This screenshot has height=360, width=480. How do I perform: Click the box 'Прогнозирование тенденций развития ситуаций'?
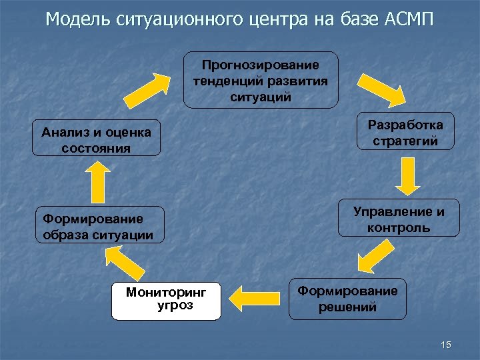(x=261, y=80)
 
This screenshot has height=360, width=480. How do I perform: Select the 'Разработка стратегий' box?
(x=405, y=131)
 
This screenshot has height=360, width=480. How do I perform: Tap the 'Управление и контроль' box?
(x=399, y=218)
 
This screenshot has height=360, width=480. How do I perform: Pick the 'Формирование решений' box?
(x=347, y=299)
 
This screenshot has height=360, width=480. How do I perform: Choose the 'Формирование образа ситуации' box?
(x=99, y=226)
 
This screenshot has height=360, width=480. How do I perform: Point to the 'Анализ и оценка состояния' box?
(x=97, y=138)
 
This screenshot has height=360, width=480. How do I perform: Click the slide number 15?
(x=446, y=344)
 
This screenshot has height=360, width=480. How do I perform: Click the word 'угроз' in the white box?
(x=175, y=306)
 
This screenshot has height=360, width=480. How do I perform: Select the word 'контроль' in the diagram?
(x=399, y=227)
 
